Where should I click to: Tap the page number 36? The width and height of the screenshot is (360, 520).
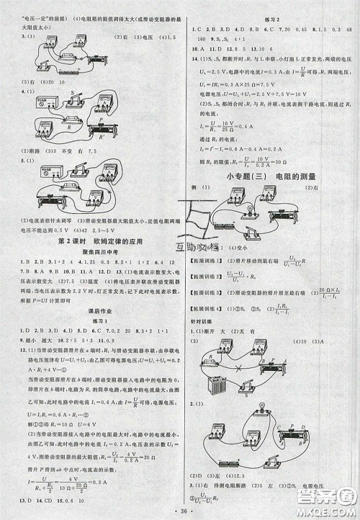coord(181,510)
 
